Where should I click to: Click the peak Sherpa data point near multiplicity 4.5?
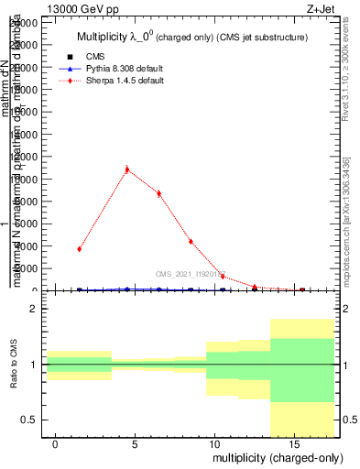click(126, 169)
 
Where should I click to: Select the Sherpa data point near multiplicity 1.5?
click(80, 249)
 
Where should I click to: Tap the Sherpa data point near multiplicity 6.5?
click(158, 193)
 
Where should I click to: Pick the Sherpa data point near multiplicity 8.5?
click(191, 242)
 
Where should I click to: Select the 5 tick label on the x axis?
click(135, 444)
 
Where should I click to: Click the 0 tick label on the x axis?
click(56, 444)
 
